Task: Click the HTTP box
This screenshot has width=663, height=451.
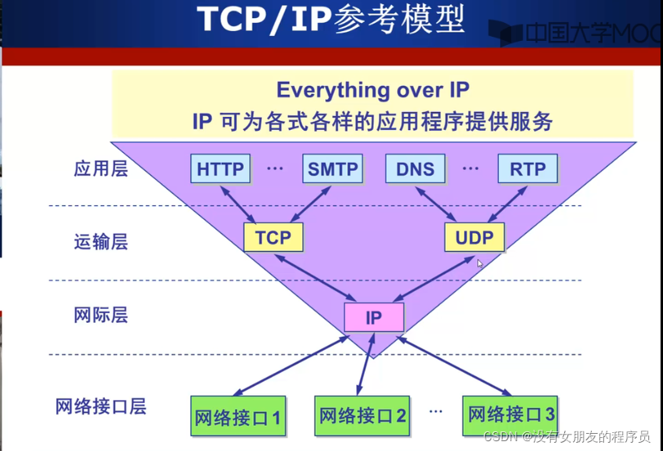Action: [221, 169]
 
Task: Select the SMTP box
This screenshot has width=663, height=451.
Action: [333, 169]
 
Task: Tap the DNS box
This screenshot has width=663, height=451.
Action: [415, 169]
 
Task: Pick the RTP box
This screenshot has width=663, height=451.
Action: [527, 169]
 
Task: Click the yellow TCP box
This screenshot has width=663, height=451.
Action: [273, 237]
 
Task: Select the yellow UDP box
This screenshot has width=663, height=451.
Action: [475, 237]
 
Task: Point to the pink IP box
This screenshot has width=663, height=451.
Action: [374, 317]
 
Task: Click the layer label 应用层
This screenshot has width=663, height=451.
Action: [101, 169]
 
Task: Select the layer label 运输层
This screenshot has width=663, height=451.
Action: [101, 241]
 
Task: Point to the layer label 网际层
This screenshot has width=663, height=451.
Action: [101, 315]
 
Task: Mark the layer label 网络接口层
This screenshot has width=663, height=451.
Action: [101, 405]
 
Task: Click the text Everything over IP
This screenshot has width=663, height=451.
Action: [373, 90]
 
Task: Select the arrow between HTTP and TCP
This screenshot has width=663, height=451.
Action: [239, 203]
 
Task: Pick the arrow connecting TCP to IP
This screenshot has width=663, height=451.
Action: [316, 277]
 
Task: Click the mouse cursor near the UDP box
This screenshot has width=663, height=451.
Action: [481, 264]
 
